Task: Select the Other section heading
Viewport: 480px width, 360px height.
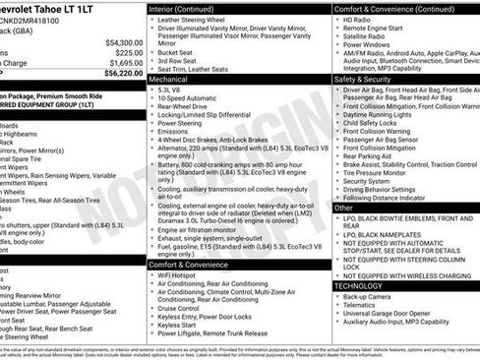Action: click(x=343, y=208)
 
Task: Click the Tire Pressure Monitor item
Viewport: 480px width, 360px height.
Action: click(x=384, y=172)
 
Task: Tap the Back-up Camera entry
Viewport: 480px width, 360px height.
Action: click(x=371, y=296)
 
